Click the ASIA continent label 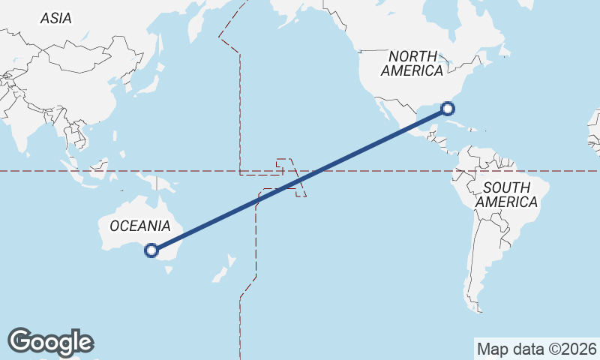pyautogui.click(x=56, y=18)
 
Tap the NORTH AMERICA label pyautogui.click(x=412, y=64)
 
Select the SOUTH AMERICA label pyautogui.click(x=506, y=194)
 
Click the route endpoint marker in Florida pyautogui.click(x=448, y=108)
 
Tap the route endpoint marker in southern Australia pyautogui.click(x=152, y=250)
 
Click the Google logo pyautogui.click(x=50, y=341)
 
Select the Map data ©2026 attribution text pyautogui.click(x=536, y=349)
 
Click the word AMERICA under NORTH pyautogui.click(x=412, y=71)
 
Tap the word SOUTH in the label pyautogui.click(x=506, y=187)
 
